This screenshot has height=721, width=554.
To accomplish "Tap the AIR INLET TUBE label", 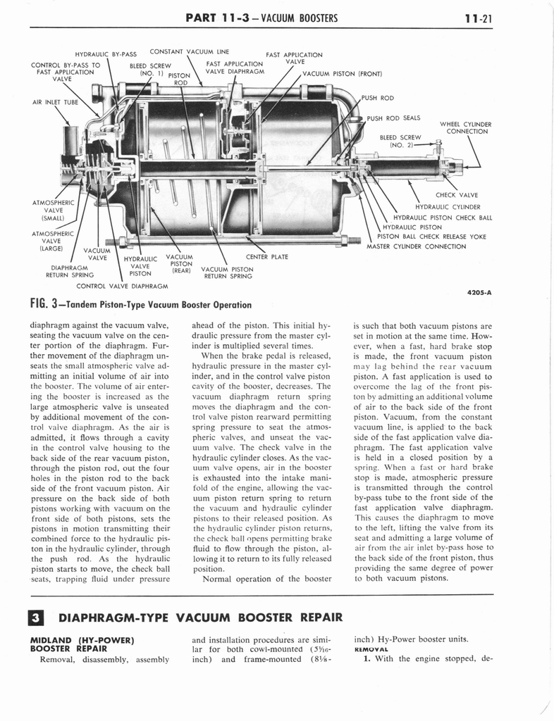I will pos(55,102).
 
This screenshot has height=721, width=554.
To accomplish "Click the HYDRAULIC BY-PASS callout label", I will pos(106,54).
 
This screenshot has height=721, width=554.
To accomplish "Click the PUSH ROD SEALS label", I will pos(393,118).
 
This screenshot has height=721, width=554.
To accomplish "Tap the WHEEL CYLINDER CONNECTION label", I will pos(465,127).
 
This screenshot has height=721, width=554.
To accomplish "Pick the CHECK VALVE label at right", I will pos(457,195).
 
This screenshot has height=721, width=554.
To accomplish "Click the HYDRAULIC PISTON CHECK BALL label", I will pos(443,217).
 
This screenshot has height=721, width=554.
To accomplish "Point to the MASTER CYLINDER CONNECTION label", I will pos(416,246).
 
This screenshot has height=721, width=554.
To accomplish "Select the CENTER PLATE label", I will pos(266,257).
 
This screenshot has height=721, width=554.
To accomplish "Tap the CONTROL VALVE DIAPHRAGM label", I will pos(121,286).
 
